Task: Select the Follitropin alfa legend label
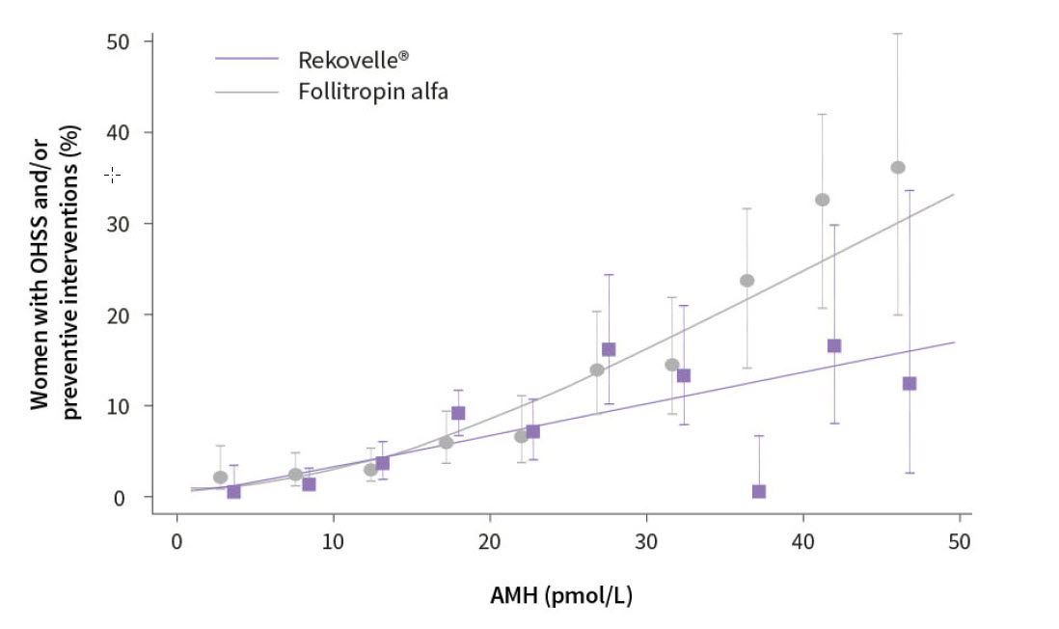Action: pos(373,93)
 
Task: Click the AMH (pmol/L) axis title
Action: pos(561,596)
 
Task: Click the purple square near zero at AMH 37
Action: pos(759,491)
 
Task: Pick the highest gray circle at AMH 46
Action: pos(898,168)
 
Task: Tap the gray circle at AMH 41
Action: pos(823,200)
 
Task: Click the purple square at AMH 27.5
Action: pos(609,349)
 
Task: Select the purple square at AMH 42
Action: pos(834,345)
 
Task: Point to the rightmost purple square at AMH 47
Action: pos(910,383)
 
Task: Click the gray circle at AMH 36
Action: pos(747,281)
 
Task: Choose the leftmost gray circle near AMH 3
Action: pos(221,478)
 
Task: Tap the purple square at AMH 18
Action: pos(458,413)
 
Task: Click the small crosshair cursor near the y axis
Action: pos(112,175)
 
